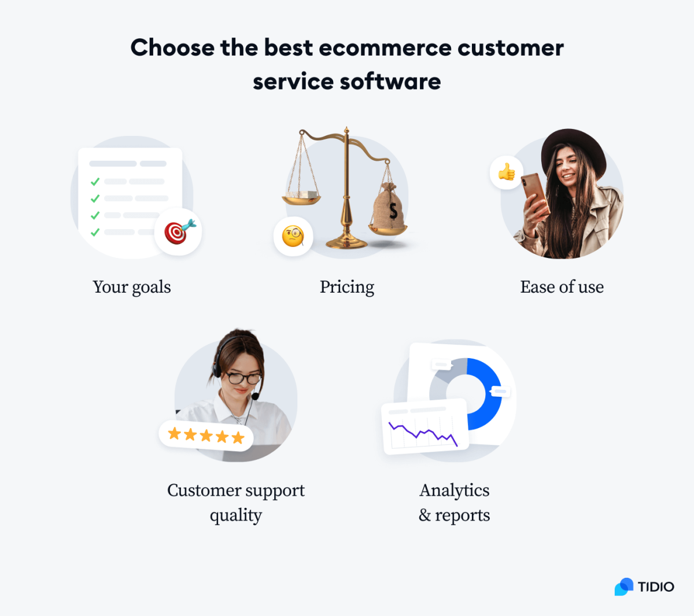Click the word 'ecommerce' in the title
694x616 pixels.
pos(384,48)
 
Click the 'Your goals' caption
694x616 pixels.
pos(132,287)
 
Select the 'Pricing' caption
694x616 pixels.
pos(347,287)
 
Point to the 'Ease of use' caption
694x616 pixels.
pos(562,287)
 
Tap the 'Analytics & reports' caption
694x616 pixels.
pos(455,502)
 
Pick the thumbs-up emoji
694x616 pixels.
pos(507,172)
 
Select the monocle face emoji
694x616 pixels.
pos(293,236)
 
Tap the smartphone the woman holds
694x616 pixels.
pos(534,193)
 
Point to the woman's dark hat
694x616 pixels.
pos(573,147)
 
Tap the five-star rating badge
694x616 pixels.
pos(206,435)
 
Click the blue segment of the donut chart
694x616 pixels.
pos(489,393)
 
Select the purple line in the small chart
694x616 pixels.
pos(423,434)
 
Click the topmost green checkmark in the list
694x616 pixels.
pos(95,182)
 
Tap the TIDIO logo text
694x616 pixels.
pos(656,587)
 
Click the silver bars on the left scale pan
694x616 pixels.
pos(304,194)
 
